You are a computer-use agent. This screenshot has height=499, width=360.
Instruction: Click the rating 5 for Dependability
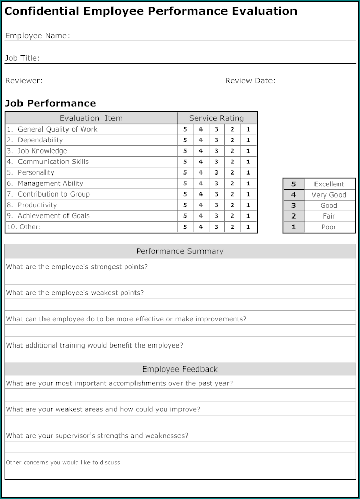click(185, 140)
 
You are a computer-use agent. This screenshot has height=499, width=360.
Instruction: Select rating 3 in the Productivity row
click(216, 205)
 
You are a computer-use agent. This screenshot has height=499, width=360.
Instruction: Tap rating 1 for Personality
click(248, 173)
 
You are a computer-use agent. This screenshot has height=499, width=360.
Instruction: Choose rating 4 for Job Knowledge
click(200, 151)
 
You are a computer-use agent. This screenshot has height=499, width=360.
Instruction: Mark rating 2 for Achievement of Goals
click(232, 216)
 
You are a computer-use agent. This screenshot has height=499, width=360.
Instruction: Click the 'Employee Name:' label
click(37, 36)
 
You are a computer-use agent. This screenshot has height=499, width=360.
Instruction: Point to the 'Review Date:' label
click(250, 81)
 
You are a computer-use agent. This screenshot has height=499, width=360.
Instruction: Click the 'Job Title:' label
click(22, 58)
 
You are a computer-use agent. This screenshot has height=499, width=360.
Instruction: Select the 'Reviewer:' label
click(24, 81)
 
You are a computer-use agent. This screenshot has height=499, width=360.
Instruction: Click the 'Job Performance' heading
click(50, 103)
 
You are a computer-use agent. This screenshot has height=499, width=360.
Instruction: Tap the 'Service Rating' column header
click(216, 118)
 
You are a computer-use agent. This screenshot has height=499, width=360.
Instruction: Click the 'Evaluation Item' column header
click(91, 118)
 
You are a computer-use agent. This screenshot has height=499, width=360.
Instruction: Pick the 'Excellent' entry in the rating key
click(329, 184)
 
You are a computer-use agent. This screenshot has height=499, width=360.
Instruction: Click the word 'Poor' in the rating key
click(329, 227)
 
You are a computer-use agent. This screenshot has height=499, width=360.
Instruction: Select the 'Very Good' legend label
click(329, 195)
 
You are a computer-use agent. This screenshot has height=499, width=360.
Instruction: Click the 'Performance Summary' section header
click(180, 251)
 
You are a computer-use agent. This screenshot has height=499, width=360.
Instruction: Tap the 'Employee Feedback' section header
click(180, 369)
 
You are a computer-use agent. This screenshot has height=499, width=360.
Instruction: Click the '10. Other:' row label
click(24, 227)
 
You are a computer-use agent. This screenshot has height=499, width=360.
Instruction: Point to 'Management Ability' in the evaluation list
click(50, 183)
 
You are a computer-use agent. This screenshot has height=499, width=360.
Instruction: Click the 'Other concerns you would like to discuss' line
click(63, 463)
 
